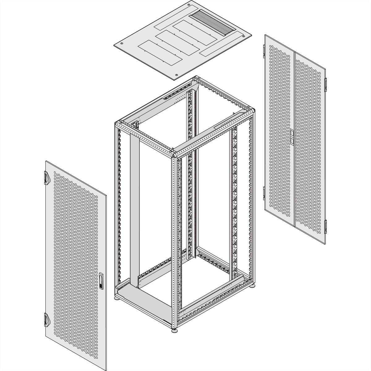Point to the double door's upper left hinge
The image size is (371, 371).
(264, 50)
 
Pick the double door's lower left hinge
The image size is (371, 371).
(264, 193)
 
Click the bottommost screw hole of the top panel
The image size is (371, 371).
(176, 74)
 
